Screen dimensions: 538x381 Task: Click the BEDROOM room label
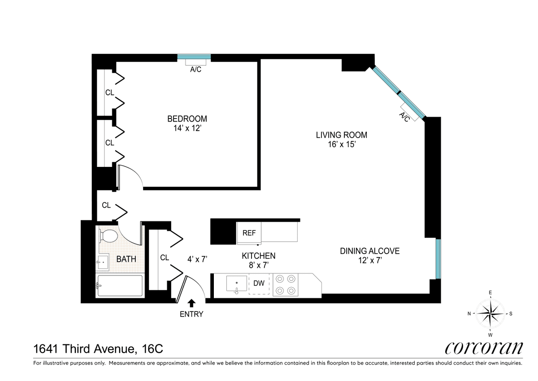coord(187,119)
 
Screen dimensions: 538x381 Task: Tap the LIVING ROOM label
coord(342,135)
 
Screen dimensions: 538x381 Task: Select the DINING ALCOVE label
coord(370,251)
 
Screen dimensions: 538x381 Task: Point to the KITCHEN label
coord(258,256)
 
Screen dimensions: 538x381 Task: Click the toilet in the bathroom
coord(108,236)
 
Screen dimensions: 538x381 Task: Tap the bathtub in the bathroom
coord(120,286)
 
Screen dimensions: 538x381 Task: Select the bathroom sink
coord(103,262)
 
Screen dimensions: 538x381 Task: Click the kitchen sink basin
coord(237,284)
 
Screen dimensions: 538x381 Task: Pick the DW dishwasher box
coord(259,284)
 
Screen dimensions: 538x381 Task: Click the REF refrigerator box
coord(249,233)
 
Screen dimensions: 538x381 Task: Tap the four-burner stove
coord(286,285)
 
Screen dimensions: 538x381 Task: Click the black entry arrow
coord(191,303)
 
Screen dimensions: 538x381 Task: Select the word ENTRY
coord(191,314)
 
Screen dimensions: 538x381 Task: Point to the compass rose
coord(490,313)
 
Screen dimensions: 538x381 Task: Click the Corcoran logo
coord(484,348)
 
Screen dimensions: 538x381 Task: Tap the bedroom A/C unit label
coord(195,70)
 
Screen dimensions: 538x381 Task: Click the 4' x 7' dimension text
coord(197,259)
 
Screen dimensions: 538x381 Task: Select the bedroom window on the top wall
coord(194,57)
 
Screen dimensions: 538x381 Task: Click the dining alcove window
coord(438,259)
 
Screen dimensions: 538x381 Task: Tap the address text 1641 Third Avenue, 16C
coord(98,349)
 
